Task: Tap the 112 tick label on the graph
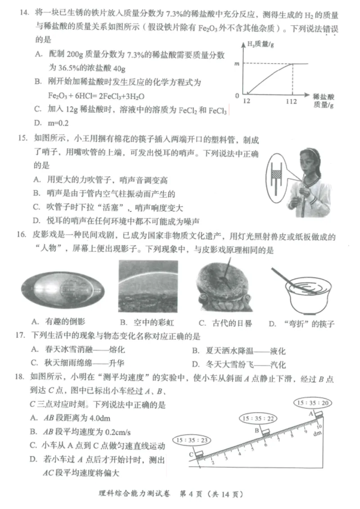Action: (291, 102)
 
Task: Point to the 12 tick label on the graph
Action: (247, 101)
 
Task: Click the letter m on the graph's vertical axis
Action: (237, 64)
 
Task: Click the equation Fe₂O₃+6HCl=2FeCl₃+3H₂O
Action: (96, 96)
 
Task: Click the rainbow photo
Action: (148, 286)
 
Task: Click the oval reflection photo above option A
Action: (63, 290)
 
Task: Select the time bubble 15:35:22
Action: (258, 418)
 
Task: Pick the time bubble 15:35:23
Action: (191, 440)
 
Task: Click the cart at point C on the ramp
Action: (199, 455)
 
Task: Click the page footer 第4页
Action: (191, 494)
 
